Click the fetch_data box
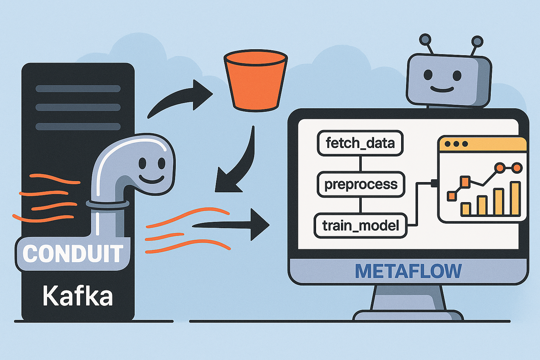click(x=360, y=143)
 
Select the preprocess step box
click(x=361, y=184)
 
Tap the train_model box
click(x=360, y=225)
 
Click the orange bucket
click(x=256, y=81)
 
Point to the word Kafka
click(x=78, y=296)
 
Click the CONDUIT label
click(x=73, y=253)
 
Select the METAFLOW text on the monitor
click(x=408, y=271)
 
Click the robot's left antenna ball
click(x=425, y=39)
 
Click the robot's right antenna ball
click(x=477, y=41)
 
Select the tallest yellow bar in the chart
click(x=515, y=198)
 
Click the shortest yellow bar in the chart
click(x=466, y=209)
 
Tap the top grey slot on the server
click(x=78, y=89)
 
